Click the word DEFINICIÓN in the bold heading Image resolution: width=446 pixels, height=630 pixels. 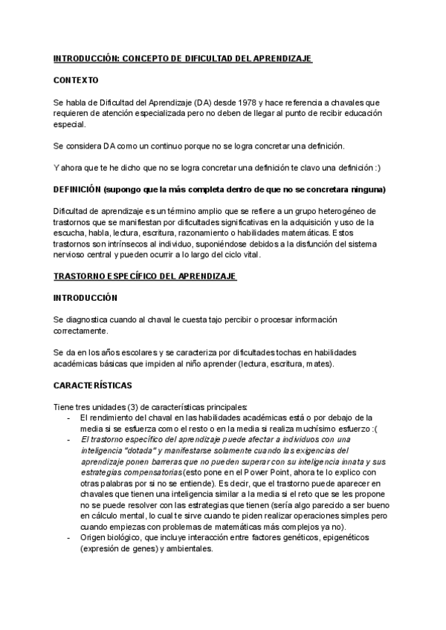[x=77, y=189]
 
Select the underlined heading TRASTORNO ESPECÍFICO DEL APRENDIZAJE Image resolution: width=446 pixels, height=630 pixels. [x=145, y=277]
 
